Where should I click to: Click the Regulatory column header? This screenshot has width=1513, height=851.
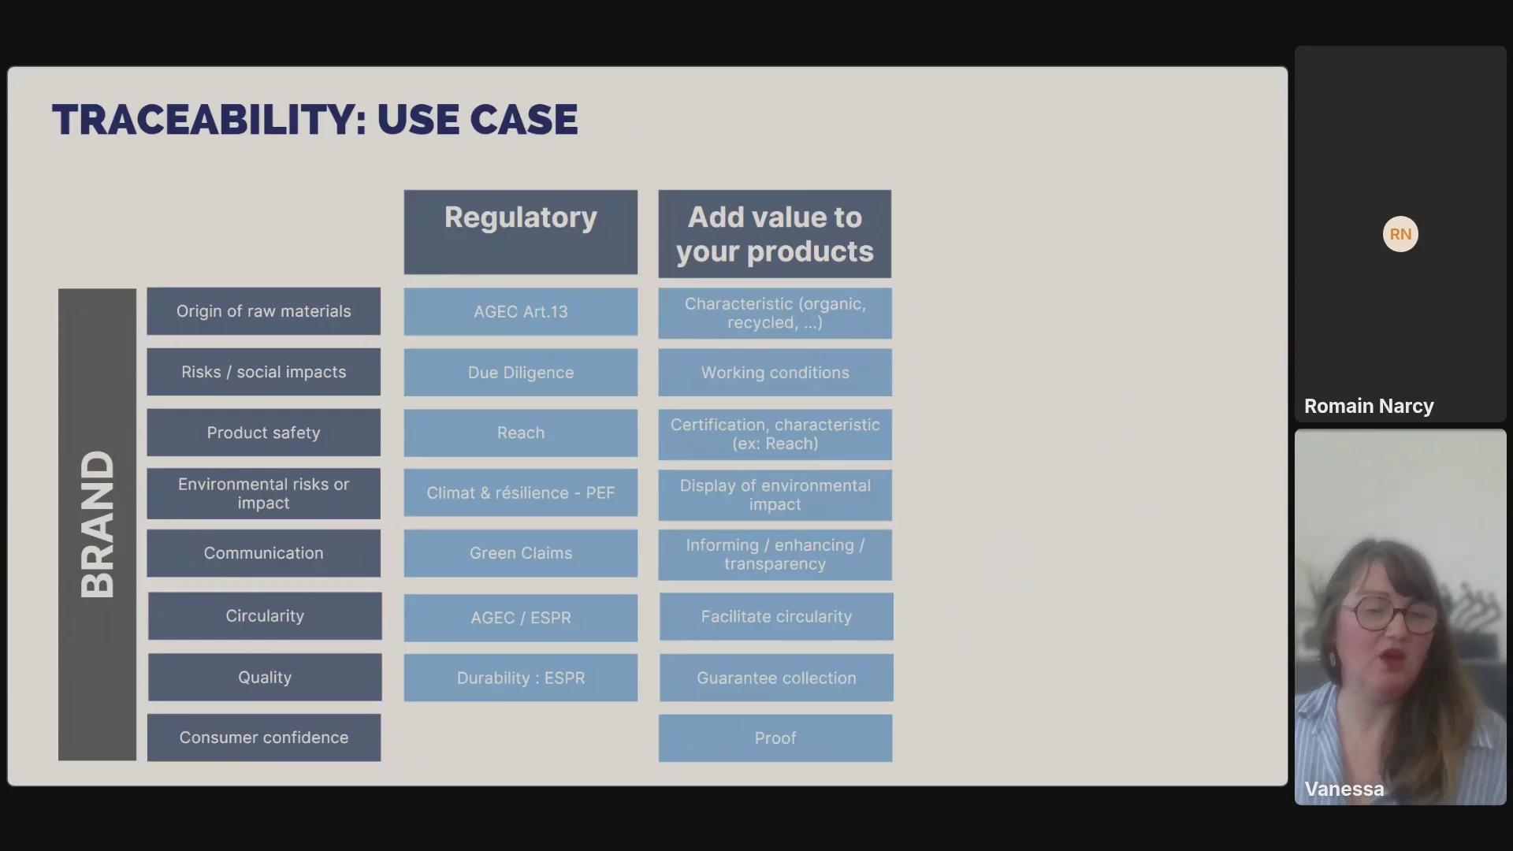(x=521, y=232)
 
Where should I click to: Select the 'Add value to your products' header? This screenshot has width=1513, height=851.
(x=775, y=234)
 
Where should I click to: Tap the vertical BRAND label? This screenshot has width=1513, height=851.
(x=97, y=524)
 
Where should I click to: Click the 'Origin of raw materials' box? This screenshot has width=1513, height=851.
(x=263, y=311)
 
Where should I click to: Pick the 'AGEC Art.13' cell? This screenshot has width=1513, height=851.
(x=521, y=312)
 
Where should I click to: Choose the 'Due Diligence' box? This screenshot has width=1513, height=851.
(x=521, y=373)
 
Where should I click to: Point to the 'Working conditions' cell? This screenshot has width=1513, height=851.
(x=775, y=373)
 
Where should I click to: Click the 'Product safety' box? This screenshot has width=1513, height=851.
(x=263, y=433)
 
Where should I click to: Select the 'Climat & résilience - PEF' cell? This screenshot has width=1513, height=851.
(x=521, y=493)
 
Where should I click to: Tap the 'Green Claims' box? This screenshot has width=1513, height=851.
(x=521, y=553)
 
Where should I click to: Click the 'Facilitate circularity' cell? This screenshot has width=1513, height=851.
(x=776, y=617)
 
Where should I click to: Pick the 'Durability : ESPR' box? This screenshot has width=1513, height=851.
(x=521, y=678)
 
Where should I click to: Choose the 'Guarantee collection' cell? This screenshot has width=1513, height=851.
(x=776, y=678)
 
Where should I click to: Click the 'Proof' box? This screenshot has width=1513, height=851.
(x=775, y=738)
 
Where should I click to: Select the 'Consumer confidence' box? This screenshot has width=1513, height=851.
(x=264, y=738)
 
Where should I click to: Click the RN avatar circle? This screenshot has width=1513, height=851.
(x=1400, y=234)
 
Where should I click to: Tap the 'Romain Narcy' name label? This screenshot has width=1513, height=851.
(x=1369, y=406)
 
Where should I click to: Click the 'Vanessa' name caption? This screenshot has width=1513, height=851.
(x=1344, y=789)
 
